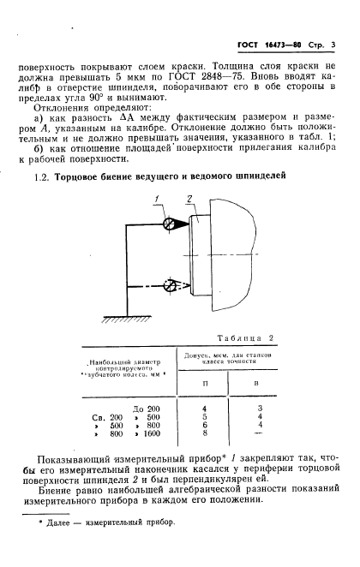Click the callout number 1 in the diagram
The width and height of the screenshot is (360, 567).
(158, 200)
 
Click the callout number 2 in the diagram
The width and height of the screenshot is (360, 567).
(189, 199)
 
